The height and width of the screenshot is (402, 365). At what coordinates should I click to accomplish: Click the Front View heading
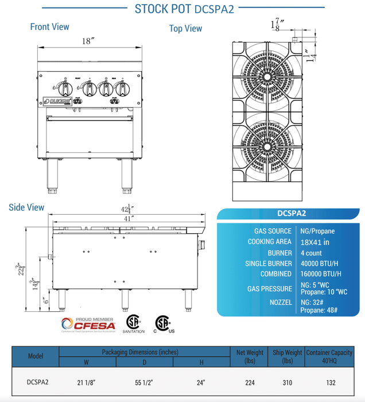point(49,27)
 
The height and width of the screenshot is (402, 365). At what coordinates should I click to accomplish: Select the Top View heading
point(185,28)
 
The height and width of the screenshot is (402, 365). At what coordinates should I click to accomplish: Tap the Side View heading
point(26,207)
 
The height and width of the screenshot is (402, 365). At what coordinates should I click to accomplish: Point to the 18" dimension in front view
point(88,41)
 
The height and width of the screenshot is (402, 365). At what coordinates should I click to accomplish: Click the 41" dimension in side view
point(129,219)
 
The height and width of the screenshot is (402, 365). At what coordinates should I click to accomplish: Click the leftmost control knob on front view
point(67,90)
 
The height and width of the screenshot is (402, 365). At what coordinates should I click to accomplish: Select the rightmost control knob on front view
point(121,89)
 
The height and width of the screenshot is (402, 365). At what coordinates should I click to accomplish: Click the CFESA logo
point(90,324)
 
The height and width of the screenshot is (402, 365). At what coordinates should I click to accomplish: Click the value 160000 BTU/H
point(321,274)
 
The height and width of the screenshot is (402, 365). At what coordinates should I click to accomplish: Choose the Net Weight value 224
point(249,381)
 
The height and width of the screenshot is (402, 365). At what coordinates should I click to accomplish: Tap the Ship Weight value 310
point(287,381)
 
